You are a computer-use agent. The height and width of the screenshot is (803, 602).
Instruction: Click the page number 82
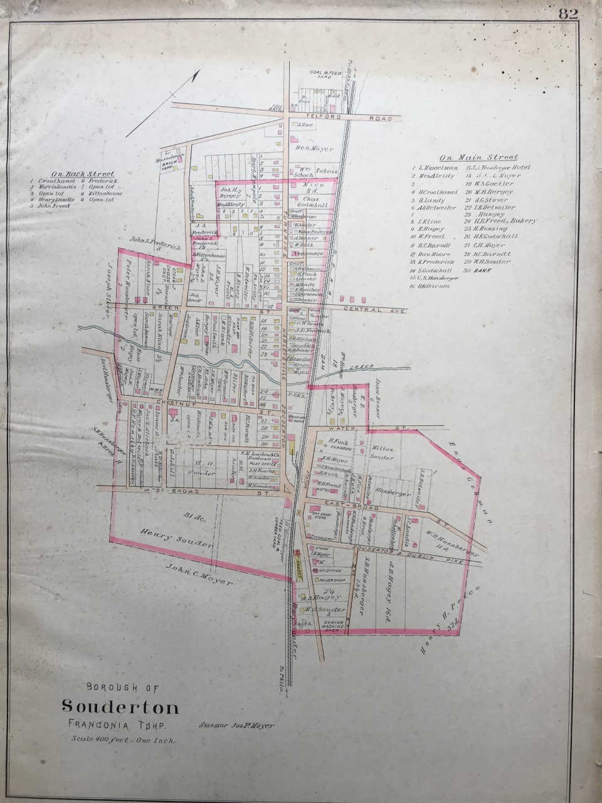(568, 14)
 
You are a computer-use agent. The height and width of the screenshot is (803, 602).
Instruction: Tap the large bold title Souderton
(120, 708)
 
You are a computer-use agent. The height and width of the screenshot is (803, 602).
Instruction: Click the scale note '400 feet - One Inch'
(124, 741)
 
